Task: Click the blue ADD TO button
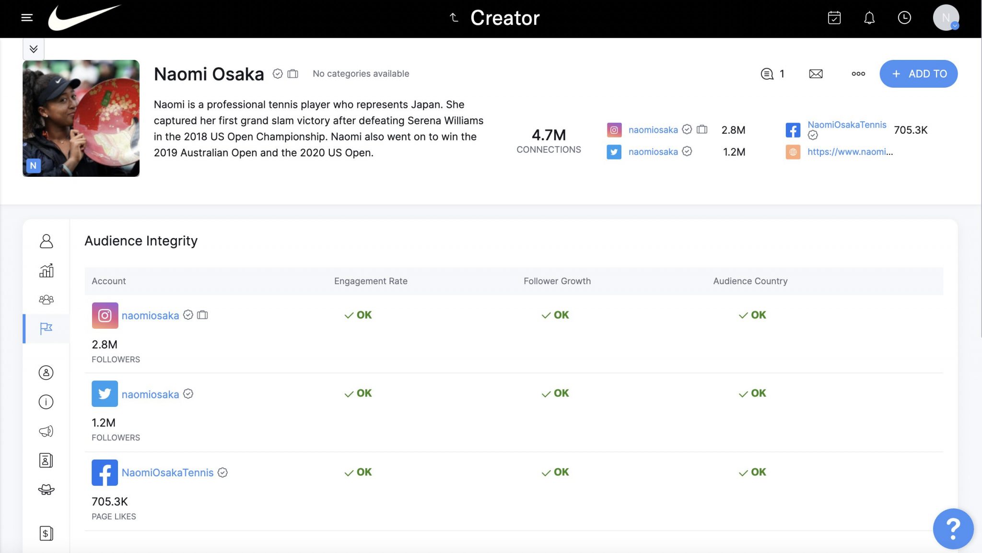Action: click(x=918, y=74)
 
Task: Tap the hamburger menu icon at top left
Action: click(x=27, y=18)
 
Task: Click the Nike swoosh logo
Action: click(x=84, y=18)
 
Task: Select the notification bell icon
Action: click(x=869, y=18)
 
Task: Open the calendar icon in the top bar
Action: click(x=834, y=18)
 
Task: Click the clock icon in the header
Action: click(x=904, y=18)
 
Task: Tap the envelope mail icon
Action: click(x=816, y=74)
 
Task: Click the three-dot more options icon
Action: click(x=858, y=74)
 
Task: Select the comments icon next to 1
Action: click(x=767, y=74)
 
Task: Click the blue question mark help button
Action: click(x=953, y=529)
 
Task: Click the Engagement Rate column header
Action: click(x=371, y=281)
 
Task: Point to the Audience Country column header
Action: click(x=750, y=281)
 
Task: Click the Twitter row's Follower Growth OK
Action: click(x=555, y=393)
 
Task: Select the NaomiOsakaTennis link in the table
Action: click(x=167, y=472)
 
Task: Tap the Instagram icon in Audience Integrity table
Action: click(x=105, y=315)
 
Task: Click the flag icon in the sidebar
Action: click(x=46, y=328)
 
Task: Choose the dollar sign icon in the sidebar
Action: click(x=46, y=533)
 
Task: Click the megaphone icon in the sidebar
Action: click(x=46, y=431)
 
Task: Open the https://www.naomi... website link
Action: click(x=850, y=152)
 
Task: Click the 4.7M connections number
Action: click(x=549, y=135)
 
